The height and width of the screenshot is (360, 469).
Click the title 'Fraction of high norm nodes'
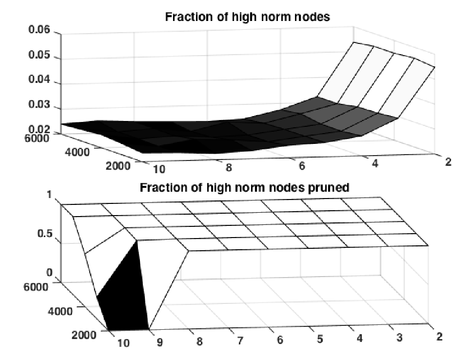tap(247, 17)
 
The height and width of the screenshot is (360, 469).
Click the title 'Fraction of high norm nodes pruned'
tap(244, 188)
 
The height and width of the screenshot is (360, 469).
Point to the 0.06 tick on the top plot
tap(39, 30)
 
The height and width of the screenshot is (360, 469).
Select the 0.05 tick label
tap(39, 55)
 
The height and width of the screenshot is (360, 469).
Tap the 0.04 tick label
tap(39, 80)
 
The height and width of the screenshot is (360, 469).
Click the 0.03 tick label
tap(39, 104)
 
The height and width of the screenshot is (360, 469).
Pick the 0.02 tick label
tap(39, 129)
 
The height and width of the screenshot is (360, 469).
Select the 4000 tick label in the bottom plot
tap(60, 311)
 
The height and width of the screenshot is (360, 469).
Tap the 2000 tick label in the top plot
tap(118, 165)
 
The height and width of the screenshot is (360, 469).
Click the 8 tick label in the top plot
tap(229, 168)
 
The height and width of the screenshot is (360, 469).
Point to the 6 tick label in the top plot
tap(302, 165)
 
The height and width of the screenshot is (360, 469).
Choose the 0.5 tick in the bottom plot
tap(45, 234)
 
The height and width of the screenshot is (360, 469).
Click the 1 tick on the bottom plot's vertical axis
tap(49, 195)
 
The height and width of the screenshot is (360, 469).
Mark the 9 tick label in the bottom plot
tap(160, 342)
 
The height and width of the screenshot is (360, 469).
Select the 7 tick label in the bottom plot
tap(240, 340)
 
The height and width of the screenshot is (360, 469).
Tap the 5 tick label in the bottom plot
tap(320, 339)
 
